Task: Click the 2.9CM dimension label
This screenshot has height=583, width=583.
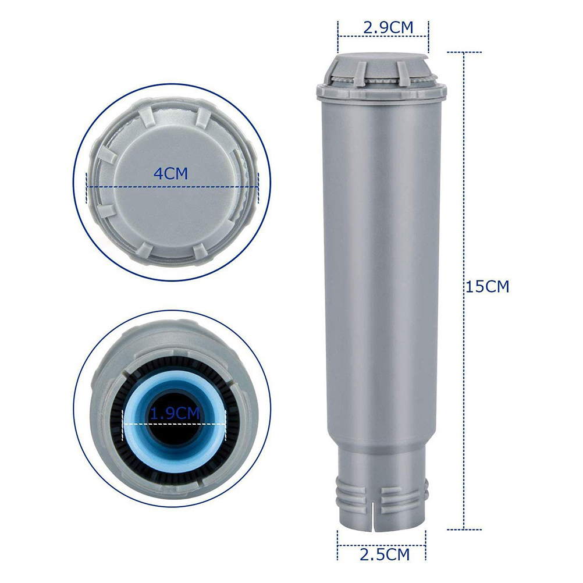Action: point(388,28)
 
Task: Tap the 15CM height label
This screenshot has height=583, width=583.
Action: point(488,287)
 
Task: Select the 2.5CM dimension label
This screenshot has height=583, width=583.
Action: point(385,554)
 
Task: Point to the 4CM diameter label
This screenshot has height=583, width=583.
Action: point(171,173)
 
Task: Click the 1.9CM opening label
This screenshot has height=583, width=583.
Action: point(175,414)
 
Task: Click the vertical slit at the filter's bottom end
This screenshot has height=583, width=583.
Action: point(372,518)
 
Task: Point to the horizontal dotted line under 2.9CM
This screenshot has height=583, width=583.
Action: point(383,36)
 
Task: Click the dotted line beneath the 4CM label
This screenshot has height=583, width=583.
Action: point(172,187)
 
